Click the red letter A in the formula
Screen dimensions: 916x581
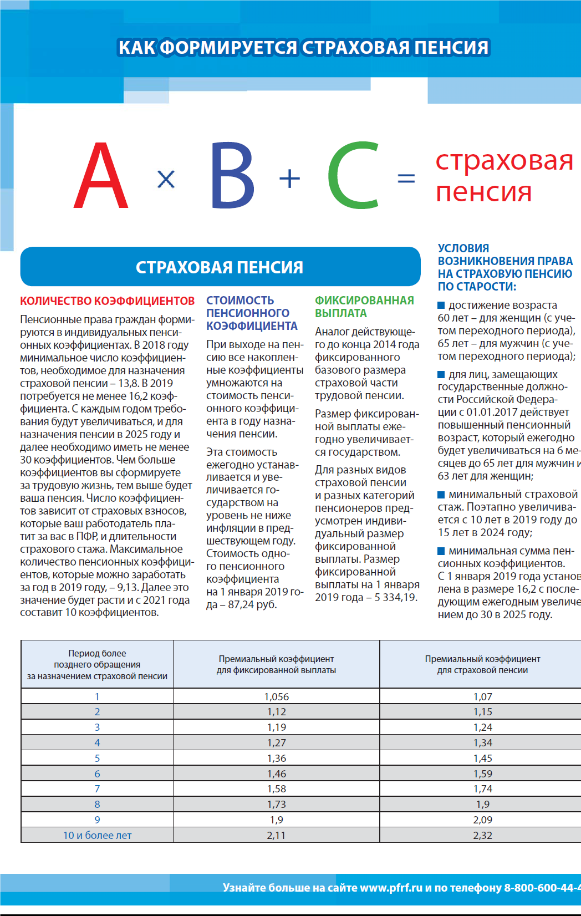point(101,176)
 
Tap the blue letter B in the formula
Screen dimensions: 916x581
point(232,176)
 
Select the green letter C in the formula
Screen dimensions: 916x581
point(354,176)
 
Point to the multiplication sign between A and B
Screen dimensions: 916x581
point(166,179)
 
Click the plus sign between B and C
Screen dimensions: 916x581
point(289,179)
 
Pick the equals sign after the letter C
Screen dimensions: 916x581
point(406,179)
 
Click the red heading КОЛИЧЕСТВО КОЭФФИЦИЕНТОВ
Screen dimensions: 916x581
point(108,301)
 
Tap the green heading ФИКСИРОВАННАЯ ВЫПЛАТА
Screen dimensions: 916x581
point(364,307)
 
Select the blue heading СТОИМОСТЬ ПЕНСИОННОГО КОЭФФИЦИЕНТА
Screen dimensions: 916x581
point(252,313)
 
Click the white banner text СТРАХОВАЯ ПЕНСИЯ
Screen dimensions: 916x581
point(220,267)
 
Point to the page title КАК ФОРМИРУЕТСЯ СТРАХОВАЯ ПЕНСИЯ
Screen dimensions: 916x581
point(303,48)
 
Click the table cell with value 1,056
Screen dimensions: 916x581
point(276,696)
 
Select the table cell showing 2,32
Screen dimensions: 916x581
point(482,835)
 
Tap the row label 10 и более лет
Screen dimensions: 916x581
point(97,835)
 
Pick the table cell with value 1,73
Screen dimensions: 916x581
point(276,804)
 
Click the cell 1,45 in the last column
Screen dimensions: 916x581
point(482,758)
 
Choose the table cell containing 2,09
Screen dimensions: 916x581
point(482,820)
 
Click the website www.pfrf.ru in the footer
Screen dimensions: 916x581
point(391,888)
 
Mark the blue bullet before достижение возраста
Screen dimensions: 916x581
point(441,305)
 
